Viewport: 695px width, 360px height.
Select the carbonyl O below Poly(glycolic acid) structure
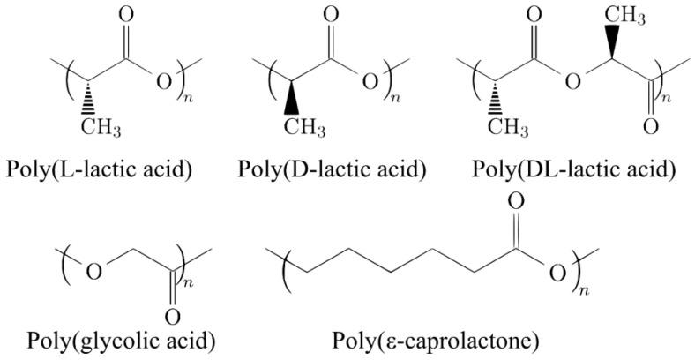[x=173, y=315]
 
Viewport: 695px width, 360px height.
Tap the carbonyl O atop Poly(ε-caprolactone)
[x=517, y=201]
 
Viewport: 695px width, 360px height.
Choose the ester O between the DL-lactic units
[x=572, y=83]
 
